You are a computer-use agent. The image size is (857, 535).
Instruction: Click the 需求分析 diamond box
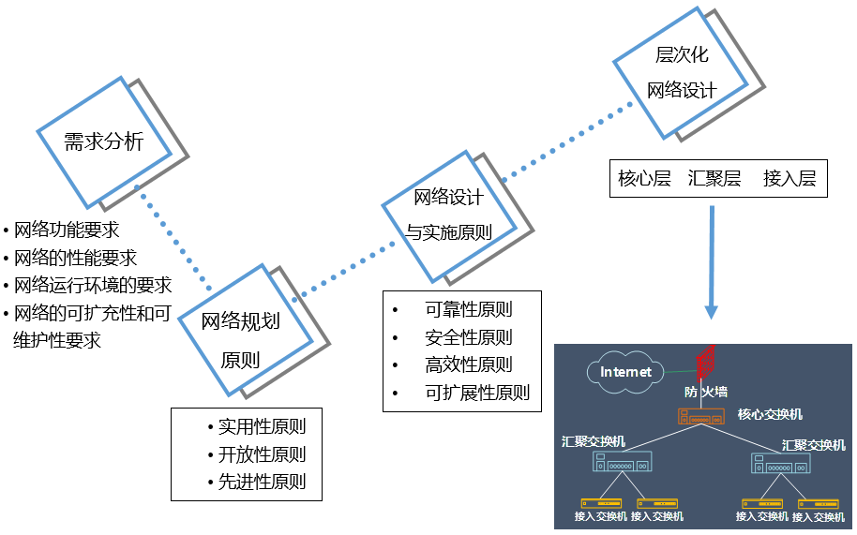click(103, 141)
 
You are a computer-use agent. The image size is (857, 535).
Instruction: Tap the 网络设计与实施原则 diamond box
click(449, 215)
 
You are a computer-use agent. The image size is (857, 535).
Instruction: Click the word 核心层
click(645, 178)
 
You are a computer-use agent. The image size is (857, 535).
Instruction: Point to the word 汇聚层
click(714, 178)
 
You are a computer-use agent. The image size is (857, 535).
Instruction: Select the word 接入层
click(789, 178)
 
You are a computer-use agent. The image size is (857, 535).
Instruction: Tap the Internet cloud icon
click(625, 372)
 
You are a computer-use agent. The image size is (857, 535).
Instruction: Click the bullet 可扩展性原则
click(477, 393)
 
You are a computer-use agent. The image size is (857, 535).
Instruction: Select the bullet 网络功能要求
click(67, 230)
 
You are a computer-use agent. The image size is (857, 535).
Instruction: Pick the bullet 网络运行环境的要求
click(93, 286)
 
